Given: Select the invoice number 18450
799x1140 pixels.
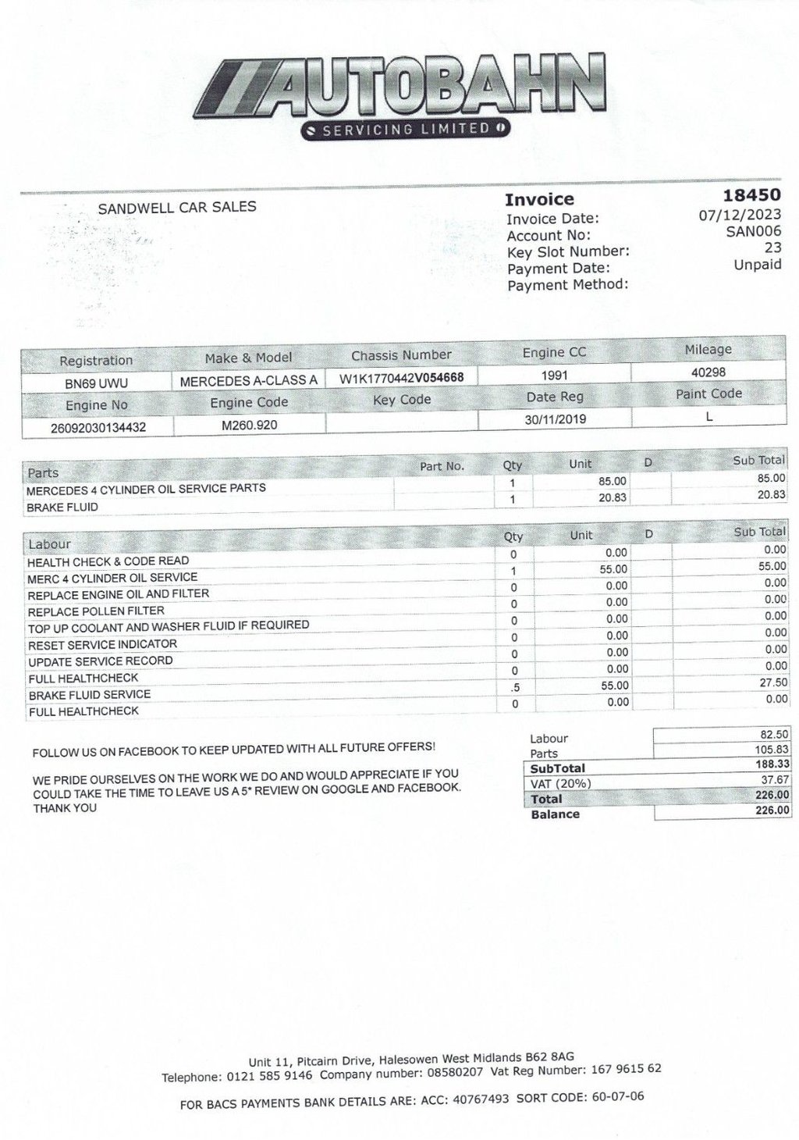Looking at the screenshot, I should click(751, 195).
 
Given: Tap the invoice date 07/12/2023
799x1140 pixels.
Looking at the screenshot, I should click(739, 214).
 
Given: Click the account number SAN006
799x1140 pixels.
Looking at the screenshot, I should click(753, 231).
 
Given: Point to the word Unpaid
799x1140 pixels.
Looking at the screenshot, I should click(757, 265).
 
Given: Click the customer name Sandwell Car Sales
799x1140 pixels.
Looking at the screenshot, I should click(177, 208).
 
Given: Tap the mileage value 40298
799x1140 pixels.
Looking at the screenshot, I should click(708, 372).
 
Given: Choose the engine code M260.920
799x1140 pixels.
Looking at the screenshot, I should click(249, 425).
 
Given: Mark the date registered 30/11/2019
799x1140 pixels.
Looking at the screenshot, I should click(556, 419).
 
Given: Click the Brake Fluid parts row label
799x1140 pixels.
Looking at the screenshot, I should click(62, 508).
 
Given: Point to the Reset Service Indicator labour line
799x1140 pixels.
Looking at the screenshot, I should click(102, 645).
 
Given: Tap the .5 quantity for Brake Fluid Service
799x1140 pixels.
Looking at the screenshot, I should click(513, 688).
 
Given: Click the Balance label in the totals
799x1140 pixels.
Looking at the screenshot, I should click(555, 814).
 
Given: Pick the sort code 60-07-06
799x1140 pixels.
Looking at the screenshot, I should click(617, 1097).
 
